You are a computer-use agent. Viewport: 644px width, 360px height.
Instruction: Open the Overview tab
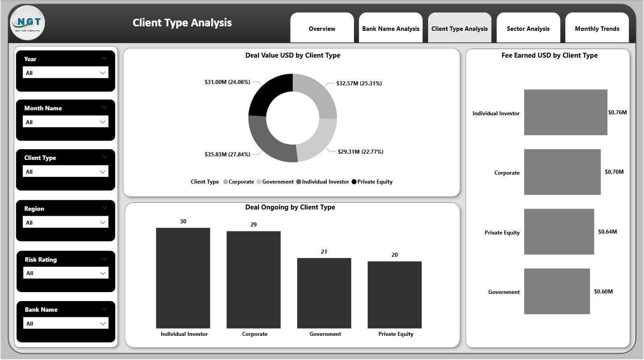click(x=322, y=29)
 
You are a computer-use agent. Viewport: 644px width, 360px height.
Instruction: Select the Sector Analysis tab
click(x=528, y=29)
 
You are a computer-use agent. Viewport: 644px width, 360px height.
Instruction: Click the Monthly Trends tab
click(x=597, y=29)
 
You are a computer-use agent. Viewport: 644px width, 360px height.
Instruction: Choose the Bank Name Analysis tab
click(x=391, y=29)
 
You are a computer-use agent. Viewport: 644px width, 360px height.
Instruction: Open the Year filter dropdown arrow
click(x=103, y=73)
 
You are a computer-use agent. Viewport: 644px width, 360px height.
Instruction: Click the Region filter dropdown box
click(x=66, y=222)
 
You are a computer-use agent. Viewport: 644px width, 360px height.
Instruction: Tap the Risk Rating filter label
click(x=41, y=260)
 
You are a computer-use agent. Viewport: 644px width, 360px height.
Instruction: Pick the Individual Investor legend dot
click(x=299, y=182)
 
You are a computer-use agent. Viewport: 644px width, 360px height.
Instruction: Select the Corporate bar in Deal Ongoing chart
click(x=253, y=279)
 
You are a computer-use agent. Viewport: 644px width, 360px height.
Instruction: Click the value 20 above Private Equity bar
click(x=395, y=255)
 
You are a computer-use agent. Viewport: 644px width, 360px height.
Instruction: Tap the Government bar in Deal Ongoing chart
click(x=324, y=293)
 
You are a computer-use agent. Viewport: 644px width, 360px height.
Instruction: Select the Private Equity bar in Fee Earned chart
click(x=559, y=232)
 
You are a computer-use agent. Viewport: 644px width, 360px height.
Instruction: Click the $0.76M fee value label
click(x=617, y=113)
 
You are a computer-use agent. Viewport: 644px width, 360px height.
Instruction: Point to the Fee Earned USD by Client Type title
click(x=549, y=55)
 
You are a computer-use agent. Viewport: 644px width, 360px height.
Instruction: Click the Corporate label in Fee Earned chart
click(x=507, y=173)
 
